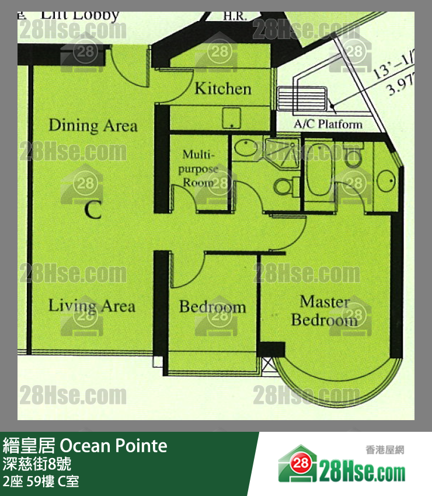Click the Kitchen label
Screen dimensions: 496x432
pos(222,89)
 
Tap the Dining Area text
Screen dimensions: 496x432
pos(93,125)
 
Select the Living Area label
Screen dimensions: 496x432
pos(92,306)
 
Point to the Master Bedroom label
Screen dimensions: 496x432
pos(325,311)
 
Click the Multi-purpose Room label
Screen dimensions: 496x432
pos(200,168)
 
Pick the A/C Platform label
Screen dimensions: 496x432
pos(328,124)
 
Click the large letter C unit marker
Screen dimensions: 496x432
pos(93,209)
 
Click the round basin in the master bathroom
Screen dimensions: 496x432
pos(386,180)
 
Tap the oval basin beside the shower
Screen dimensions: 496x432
pos(247,148)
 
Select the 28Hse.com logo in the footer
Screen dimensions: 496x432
pos(341,464)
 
